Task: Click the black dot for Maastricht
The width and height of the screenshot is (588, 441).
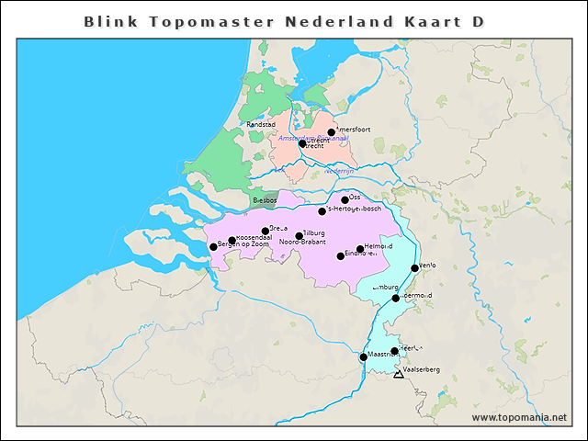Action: coord(364,357)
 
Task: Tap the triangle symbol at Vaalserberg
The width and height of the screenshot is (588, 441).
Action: coord(398,375)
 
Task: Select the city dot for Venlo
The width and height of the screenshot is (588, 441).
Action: coord(413,268)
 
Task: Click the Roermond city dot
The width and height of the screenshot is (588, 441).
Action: coord(396,298)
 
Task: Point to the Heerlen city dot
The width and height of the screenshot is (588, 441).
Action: coord(394,351)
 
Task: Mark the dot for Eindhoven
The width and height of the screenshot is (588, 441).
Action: coord(341,255)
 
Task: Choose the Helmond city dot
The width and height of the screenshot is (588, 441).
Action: coord(360,248)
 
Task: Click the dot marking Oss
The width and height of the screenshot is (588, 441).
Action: coord(345,199)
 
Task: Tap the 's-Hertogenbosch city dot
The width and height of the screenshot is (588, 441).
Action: coord(322,211)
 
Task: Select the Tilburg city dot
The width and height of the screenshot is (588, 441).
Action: coord(300,236)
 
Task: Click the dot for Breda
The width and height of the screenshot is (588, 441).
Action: coord(266,231)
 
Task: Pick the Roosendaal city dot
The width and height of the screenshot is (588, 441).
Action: coord(232,241)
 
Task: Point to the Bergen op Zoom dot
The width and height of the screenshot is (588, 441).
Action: coord(213,246)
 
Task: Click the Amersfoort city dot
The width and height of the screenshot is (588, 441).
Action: coord(332,132)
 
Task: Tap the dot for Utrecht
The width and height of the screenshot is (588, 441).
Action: coord(302,143)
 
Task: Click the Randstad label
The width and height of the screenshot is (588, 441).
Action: coord(261,124)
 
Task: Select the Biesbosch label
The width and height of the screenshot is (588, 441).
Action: coord(265,199)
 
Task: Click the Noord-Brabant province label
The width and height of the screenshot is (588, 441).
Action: coord(302,243)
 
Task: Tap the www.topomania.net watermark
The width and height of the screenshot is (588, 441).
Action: coord(519,418)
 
